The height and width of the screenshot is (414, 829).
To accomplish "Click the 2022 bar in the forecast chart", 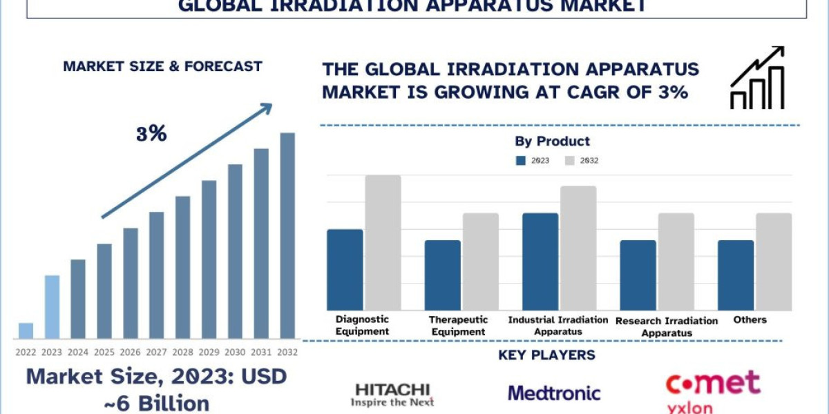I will [26, 331].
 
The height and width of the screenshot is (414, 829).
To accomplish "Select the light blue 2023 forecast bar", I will [52, 307].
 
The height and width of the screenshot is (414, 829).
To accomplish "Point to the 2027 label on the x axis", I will [157, 351].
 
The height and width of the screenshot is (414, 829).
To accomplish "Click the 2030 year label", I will [236, 351].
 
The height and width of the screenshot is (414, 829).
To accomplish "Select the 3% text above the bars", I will [151, 134].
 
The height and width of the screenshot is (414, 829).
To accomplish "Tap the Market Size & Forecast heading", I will [162, 67].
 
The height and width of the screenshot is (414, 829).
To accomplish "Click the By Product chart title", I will [552, 141].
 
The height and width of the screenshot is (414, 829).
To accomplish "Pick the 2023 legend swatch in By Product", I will [521, 161].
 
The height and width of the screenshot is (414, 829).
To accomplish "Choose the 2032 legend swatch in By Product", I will [570, 161].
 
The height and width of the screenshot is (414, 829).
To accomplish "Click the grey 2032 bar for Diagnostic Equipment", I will [383, 242].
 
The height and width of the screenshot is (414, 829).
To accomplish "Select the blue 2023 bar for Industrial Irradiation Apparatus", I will [540, 262].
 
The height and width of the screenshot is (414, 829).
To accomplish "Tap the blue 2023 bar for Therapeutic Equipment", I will [442, 275].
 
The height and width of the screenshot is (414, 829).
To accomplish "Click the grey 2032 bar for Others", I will [774, 262].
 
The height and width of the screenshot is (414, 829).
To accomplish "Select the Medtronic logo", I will [554, 393].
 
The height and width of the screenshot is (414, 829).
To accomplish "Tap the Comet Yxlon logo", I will [712, 390].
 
